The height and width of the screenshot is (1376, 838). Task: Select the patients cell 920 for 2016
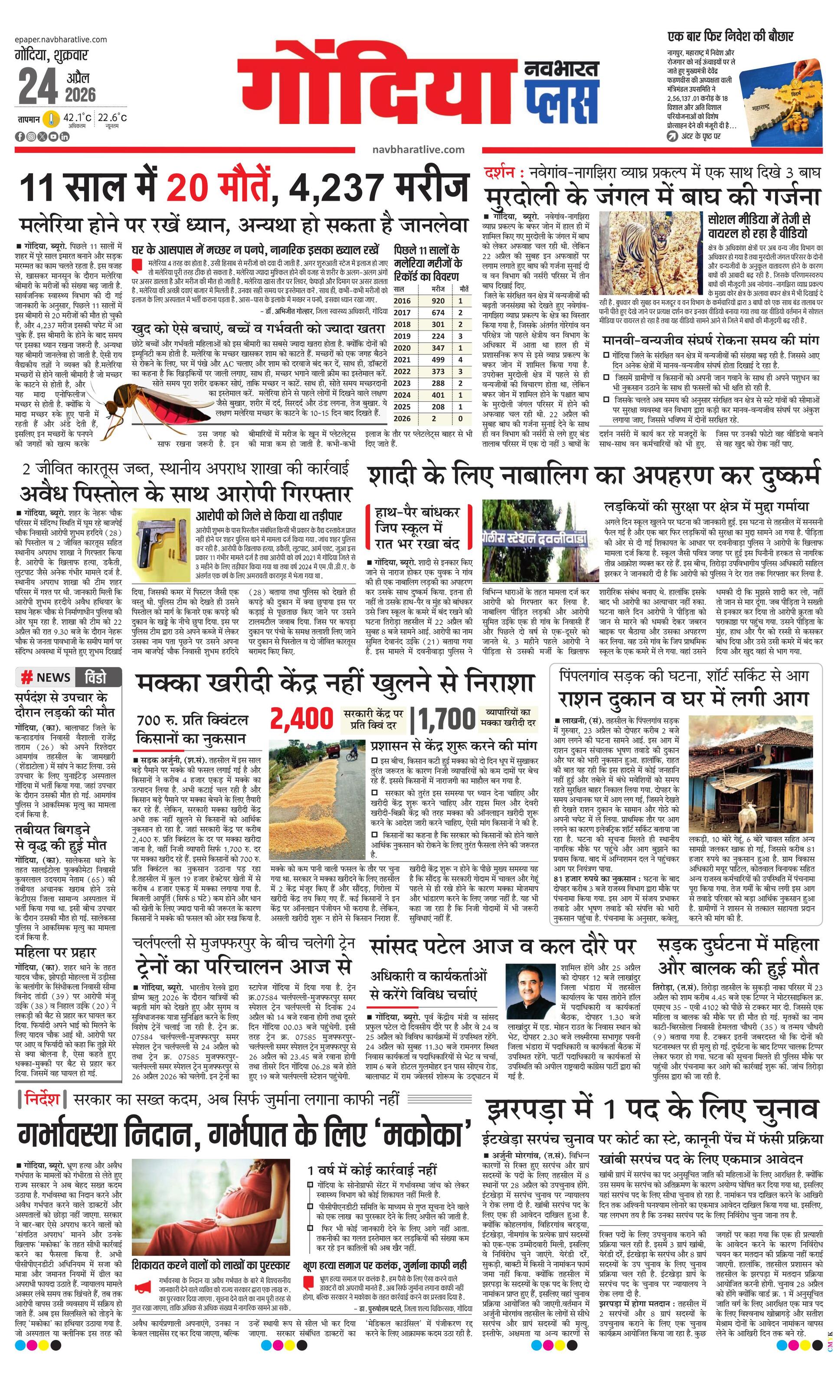pos(438,301)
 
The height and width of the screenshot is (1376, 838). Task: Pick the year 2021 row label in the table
pos(402,360)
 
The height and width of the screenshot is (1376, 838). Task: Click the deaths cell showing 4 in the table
pos(460,360)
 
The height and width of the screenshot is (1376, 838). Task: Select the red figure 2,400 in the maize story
pos(301,720)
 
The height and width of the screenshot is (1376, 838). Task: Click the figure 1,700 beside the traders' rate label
pos(447,720)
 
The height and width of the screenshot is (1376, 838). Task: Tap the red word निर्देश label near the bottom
pos(42,1098)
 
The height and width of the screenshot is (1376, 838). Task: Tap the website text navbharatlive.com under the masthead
pos(418,150)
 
